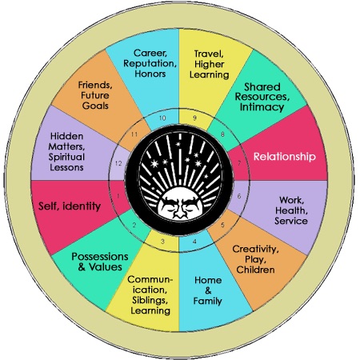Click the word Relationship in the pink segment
(285, 157)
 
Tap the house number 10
(162, 118)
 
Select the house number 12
(118, 163)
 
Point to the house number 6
(239, 196)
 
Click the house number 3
(162, 242)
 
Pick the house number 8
(222, 134)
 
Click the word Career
(150, 53)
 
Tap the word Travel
(209, 54)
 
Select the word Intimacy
(262, 107)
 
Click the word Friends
(95, 86)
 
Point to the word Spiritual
(66, 157)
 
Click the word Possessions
(100, 257)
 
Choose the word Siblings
(150, 301)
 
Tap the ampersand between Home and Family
(208, 290)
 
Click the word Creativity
(255, 249)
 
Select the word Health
(291, 210)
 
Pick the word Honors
(150, 74)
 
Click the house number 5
(222, 225)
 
